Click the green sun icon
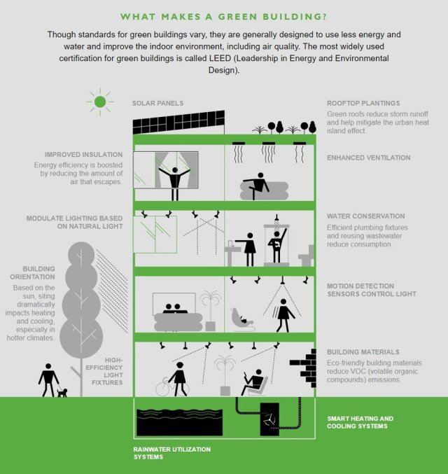[100, 102]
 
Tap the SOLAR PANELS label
[157, 103]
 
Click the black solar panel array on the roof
[178, 122]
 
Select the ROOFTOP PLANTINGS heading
[363, 103]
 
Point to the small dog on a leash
[62, 393]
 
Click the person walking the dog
[48, 380]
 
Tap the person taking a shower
[277, 246]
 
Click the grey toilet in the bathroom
[306, 256]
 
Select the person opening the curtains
[174, 183]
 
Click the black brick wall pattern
[304, 368]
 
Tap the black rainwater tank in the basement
[180, 422]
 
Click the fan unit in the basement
[269, 419]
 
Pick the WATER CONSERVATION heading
[366, 216]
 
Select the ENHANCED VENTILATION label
[368, 158]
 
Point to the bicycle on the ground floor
[171, 386]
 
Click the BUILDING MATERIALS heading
[363, 352]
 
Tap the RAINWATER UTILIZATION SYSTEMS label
[172, 453]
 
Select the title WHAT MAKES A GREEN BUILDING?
[224, 17]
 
